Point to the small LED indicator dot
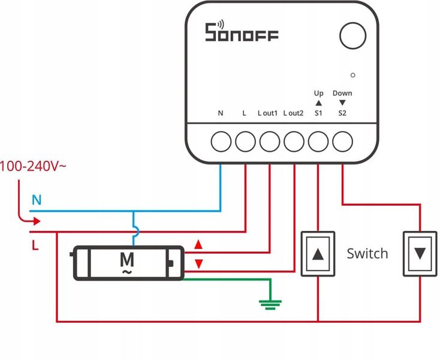click(353, 75)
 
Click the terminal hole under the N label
click(221, 142)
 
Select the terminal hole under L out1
click(269, 142)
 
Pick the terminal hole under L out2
click(294, 142)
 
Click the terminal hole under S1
click(318, 142)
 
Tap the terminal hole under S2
click(342, 142)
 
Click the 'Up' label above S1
click(318, 94)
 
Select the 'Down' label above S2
click(342, 94)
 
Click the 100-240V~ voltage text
click(33, 166)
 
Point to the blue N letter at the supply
click(37, 200)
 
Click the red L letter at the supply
click(35, 245)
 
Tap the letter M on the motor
click(126, 259)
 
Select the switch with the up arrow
click(318, 254)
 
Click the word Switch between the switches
click(367, 254)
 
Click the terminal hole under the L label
click(245, 142)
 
